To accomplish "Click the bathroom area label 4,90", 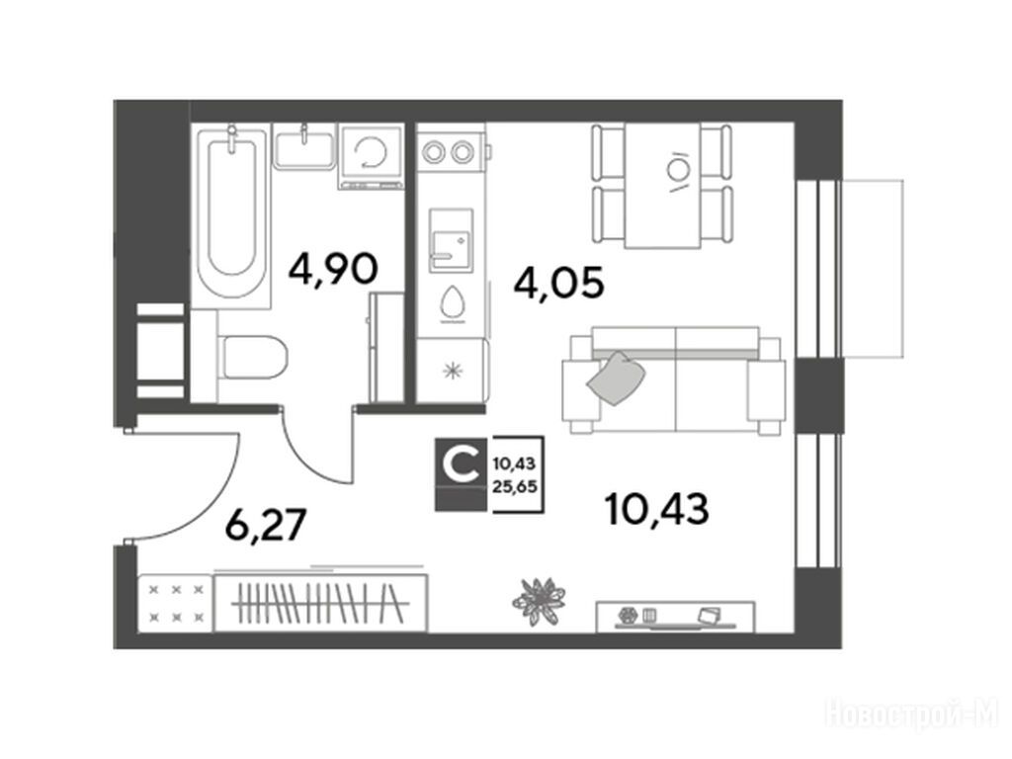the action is tap(333, 269).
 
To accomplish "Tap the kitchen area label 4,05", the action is tap(559, 283).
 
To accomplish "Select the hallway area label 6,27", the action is tap(265, 524).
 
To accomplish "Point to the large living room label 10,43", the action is tap(657, 509).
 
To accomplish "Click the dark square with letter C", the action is tap(461, 473).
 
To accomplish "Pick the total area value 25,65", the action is tap(515, 487).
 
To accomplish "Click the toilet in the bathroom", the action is tap(253, 357).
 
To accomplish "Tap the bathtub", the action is tap(231, 214).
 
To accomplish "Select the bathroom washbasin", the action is tap(304, 147).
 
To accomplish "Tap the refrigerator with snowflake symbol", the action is tap(451, 370).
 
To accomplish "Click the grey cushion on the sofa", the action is tap(617, 379).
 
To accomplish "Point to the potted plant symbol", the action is tap(539, 602).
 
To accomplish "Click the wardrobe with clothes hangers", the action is tap(320, 603).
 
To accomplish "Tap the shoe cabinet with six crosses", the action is tap(176, 603).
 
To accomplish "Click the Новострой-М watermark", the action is tap(912, 715).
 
